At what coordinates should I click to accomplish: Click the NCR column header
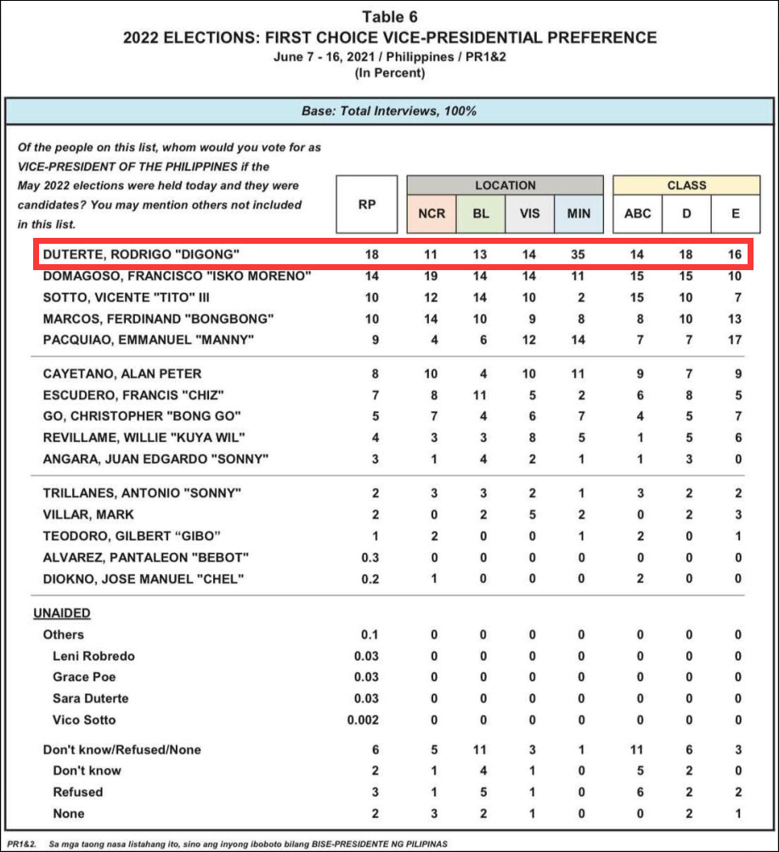click(432, 213)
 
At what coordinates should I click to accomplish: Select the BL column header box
click(480, 213)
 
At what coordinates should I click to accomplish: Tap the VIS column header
click(529, 213)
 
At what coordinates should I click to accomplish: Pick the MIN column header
click(579, 213)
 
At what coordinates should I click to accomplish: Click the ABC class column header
click(638, 213)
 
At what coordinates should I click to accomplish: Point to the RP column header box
click(367, 204)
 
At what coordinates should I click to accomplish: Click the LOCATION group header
click(505, 185)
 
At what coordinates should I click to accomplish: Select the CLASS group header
click(686, 185)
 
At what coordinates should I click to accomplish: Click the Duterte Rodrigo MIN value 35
click(579, 255)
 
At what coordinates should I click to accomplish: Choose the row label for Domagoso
click(177, 277)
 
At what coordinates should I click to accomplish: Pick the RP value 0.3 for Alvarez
click(367, 557)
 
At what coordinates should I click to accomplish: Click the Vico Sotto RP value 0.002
click(364, 719)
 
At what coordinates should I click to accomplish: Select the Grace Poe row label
click(84, 677)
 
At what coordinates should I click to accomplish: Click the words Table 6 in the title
click(390, 17)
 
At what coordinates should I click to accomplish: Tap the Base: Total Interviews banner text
click(389, 111)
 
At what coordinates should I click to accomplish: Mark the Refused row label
click(77, 792)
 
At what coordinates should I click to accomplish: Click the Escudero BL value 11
click(480, 395)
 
